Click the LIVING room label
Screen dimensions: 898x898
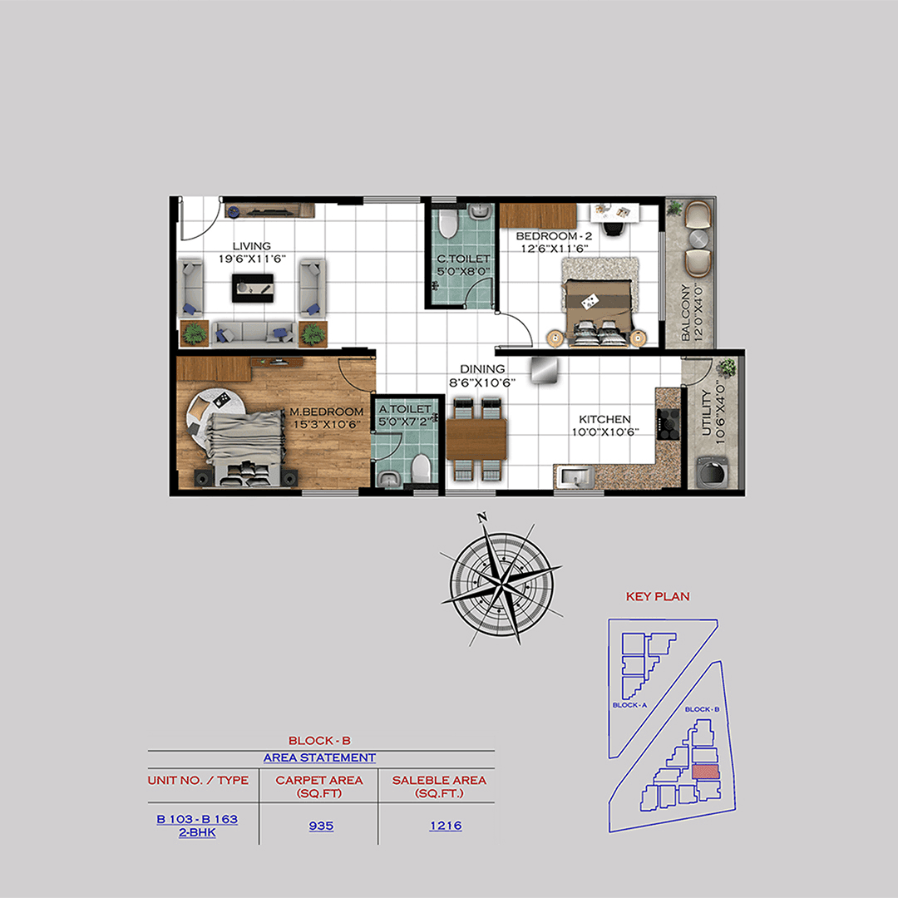(251, 246)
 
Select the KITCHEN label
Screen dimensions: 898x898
(604, 420)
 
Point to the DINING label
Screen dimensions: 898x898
(483, 369)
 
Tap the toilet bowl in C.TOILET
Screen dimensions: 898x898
(447, 223)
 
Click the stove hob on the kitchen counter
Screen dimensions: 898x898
(669, 423)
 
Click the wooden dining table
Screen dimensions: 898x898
(476, 438)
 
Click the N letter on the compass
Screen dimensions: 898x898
(481, 520)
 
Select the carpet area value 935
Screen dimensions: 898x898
(320, 826)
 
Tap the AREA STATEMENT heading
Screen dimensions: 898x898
(319, 757)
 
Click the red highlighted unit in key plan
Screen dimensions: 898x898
(705, 772)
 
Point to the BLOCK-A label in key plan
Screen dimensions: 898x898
(629, 705)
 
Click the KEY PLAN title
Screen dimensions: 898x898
(658, 596)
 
